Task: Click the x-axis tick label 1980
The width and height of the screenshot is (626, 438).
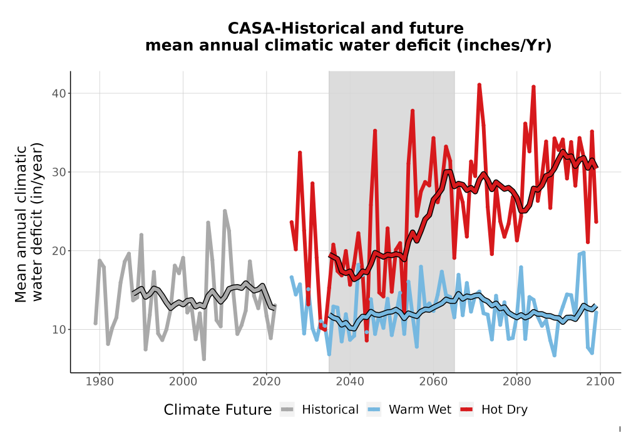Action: (100, 382)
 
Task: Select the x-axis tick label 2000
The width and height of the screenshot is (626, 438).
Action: (183, 382)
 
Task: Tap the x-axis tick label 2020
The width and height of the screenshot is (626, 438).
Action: (266, 382)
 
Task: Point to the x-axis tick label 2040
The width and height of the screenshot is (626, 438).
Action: (350, 382)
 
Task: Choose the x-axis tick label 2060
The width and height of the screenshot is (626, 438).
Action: (433, 382)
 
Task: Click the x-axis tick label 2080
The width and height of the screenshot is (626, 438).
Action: (516, 382)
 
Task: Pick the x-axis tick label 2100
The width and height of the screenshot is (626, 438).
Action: (600, 382)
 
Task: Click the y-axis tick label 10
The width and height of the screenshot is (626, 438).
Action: (59, 330)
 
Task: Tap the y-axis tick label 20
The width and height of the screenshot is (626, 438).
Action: (59, 251)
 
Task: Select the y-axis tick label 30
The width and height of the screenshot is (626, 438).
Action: (59, 172)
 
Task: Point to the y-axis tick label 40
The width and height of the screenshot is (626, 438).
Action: (59, 93)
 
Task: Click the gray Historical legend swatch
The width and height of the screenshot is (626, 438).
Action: (287, 410)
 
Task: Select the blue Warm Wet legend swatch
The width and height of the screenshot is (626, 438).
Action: (374, 410)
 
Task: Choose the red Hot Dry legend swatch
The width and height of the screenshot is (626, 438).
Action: (466, 410)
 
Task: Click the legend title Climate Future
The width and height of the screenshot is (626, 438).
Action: (218, 410)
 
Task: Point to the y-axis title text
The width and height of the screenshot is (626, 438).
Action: (29, 223)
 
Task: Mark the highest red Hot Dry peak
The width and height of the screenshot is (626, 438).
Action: (479, 84)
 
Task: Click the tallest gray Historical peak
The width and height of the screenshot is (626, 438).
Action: (225, 211)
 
